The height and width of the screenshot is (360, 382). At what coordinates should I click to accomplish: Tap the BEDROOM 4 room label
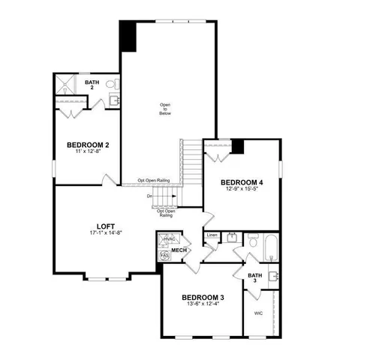[242, 182]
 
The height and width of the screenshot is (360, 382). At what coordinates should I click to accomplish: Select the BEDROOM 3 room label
[202, 298]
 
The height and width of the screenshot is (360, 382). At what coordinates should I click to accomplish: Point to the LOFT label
[105, 226]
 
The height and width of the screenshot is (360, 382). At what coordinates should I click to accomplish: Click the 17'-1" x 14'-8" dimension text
[105, 233]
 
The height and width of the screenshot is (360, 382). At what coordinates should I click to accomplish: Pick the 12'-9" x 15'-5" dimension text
[242, 189]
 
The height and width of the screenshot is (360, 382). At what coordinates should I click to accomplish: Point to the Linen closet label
[212, 235]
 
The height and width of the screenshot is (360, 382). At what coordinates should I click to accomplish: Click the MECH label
[179, 250]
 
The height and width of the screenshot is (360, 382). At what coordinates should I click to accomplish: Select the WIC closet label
[258, 313]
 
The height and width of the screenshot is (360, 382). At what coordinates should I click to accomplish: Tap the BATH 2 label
[92, 85]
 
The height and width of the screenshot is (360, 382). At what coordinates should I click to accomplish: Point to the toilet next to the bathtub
[252, 241]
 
